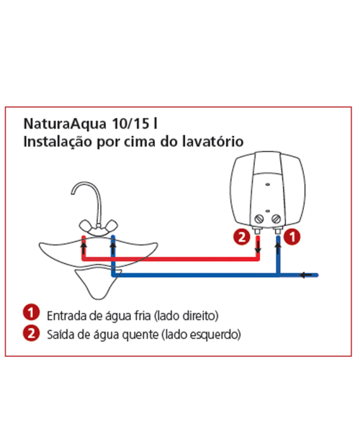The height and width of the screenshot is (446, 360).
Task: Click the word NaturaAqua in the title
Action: click(x=65, y=124)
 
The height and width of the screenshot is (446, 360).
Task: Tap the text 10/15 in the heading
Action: click(x=130, y=124)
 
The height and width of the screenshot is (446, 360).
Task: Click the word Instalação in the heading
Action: click(x=58, y=142)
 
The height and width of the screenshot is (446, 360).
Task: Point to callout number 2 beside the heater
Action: click(x=242, y=237)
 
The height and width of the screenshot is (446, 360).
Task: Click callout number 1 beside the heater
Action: click(x=292, y=237)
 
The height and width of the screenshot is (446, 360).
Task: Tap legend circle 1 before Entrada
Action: click(x=31, y=312)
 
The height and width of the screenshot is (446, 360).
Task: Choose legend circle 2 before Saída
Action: click(x=31, y=333)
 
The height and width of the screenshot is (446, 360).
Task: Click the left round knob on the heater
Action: click(x=258, y=219)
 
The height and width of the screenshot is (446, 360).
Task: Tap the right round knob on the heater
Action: click(x=276, y=219)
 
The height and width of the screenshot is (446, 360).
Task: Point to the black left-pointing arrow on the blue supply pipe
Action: click(x=306, y=275)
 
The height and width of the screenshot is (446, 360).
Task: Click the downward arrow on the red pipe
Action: click(x=258, y=247)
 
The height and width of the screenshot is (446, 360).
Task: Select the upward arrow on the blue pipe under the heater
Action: click(x=278, y=247)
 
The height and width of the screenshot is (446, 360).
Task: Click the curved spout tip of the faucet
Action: click(x=73, y=193)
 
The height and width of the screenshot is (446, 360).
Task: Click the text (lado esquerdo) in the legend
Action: click(x=201, y=334)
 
